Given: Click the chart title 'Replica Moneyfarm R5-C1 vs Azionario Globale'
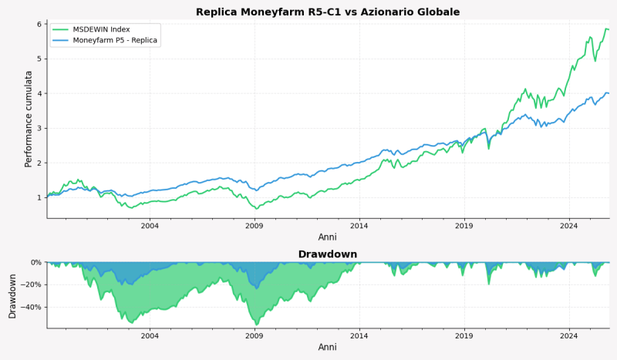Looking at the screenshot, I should (328, 12).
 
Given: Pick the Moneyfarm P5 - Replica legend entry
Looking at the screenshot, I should (116, 40).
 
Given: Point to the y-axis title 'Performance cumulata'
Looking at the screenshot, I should (29, 119).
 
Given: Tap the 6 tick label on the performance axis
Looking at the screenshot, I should (39, 24).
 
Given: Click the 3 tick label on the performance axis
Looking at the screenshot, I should (39, 128).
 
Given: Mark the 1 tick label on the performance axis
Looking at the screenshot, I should (39, 197).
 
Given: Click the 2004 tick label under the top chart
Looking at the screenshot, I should (150, 226).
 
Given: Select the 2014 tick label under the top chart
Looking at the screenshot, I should (359, 226).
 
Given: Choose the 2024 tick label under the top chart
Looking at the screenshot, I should (569, 226).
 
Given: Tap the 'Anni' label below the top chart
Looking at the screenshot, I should (328, 237).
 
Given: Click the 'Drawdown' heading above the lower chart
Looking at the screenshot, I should (328, 254).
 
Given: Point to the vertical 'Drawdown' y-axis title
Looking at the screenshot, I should (12, 294).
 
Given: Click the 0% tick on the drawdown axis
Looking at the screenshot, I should (35, 262).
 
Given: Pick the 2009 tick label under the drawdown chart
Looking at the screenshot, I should (255, 336).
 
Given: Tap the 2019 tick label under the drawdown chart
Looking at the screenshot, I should (464, 336).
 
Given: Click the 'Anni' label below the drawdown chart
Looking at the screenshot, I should (328, 348).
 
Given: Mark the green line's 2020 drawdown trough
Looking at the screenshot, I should (488, 284).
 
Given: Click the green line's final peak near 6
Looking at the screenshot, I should (606, 29).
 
